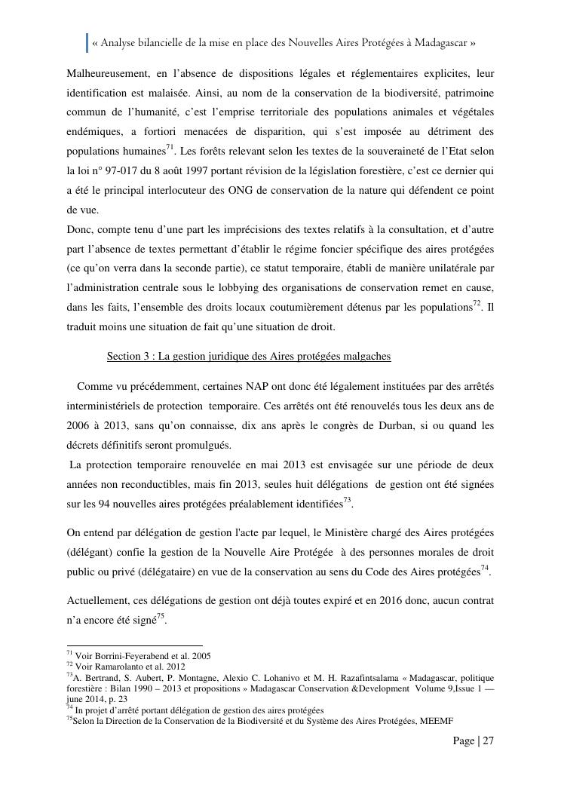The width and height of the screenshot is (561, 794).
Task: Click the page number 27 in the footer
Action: click(488, 740)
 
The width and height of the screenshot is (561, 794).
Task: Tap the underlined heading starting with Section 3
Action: click(249, 356)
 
